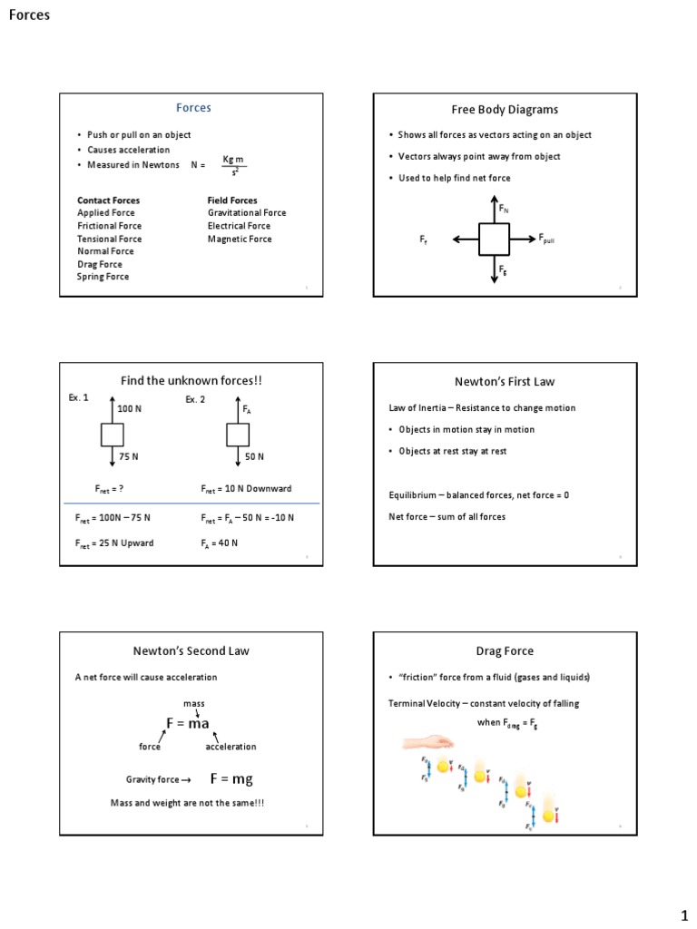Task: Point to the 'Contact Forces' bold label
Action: pyautogui.click(x=108, y=200)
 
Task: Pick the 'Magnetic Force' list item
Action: pyautogui.click(x=240, y=239)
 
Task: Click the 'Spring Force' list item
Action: pyautogui.click(x=103, y=277)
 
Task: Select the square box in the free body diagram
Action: pyautogui.click(x=494, y=240)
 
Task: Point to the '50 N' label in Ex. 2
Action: pyautogui.click(x=254, y=457)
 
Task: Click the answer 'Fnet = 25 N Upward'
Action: pyautogui.click(x=114, y=543)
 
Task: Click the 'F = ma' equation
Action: pyautogui.click(x=188, y=723)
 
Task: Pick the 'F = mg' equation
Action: pyautogui.click(x=231, y=778)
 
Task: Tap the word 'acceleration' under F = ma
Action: pyautogui.click(x=231, y=747)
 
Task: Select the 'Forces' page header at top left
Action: pyautogui.click(x=29, y=15)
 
